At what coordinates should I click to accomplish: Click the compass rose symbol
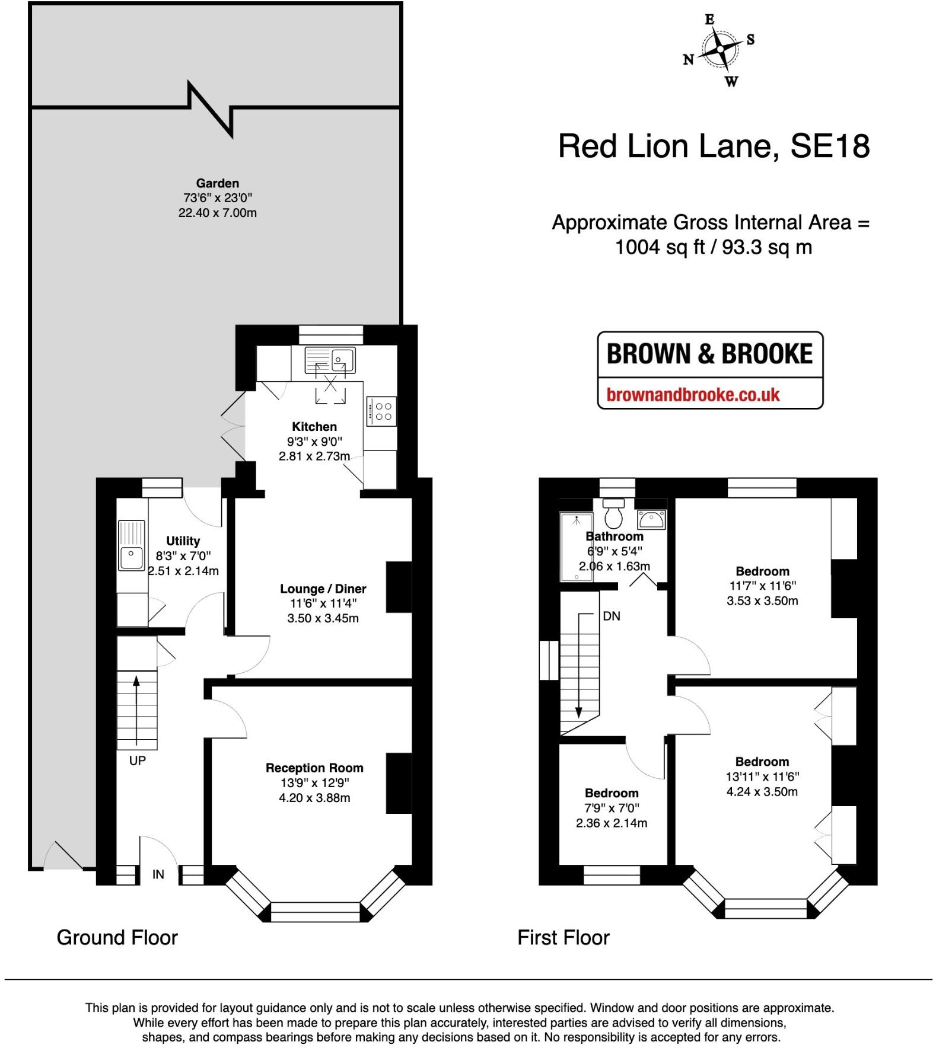tap(719, 49)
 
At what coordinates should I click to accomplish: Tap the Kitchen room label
tap(314, 427)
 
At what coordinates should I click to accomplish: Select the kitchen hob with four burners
tap(381, 411)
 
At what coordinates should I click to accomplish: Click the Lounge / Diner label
tap(323, 589)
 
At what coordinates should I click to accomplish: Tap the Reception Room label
tap(314, 768)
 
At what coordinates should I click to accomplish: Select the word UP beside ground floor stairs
tap(137, 761)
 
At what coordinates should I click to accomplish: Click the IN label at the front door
tap(158, 874)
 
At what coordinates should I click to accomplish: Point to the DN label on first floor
tap(611, 616)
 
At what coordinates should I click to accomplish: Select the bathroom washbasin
tap(651, 520)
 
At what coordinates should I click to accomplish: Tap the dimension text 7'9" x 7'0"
tap(612, 808)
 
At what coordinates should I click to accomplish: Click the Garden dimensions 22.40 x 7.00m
tap(217, 213)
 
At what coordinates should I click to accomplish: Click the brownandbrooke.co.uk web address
tap(693, 395)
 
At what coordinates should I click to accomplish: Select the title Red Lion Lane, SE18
tap(714, 146)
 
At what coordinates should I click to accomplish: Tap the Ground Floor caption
tap(117, 937)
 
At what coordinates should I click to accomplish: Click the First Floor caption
tap(563, 937)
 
